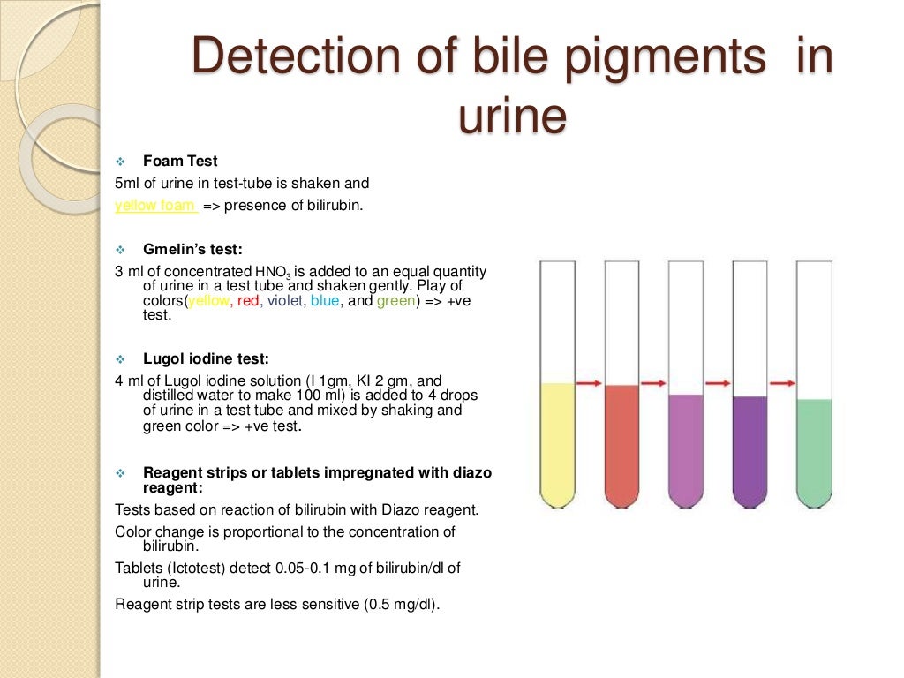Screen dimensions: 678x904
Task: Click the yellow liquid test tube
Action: click(x=557, y=441)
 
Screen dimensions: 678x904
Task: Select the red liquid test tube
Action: click(x=621, y=441)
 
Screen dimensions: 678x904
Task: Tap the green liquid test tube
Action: click(x=814, y=446)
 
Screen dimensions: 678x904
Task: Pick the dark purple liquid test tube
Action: click(x=750, y=446)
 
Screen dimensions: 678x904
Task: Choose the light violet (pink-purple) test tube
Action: click(x=686, y=446)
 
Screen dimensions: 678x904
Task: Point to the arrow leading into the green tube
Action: click(x=782, y=383)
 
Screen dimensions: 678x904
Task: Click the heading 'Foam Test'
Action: click(x=180, y=162)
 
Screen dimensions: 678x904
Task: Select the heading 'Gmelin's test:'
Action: click(x=192, y=250)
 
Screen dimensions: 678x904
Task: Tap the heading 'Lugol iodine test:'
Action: click(x=206, y=359)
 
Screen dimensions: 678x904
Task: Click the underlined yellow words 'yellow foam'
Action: click(x=155, y=206)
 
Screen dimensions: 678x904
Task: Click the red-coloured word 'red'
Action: click(x=249, y=300)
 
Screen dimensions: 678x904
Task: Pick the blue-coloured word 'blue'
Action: click(x=325, y=300)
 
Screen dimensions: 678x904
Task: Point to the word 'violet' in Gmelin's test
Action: click(x=284, y=300)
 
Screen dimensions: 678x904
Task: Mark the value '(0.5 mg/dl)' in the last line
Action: click(x=402, y=605)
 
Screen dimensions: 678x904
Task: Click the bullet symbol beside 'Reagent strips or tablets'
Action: click(x=122, y=472)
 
